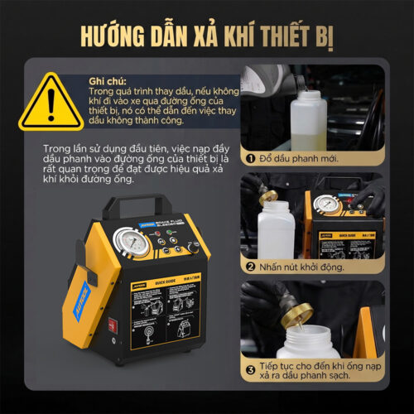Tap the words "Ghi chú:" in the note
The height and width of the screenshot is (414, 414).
[x=108, y=80]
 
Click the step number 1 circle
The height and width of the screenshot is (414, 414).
[x=248, y=157]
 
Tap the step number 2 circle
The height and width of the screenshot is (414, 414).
[x=249, y=267]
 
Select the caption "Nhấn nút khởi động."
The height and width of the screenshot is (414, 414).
[x=304, y=267]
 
